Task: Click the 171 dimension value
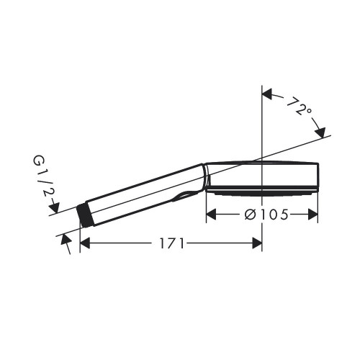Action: [172, 243]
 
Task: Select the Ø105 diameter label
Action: [266, 215]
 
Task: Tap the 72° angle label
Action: [300, 107]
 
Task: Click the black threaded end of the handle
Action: [84, 215]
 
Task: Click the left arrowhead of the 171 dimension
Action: [85, 243]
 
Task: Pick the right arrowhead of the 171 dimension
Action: [257, 243]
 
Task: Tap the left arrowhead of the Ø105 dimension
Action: [211, 214]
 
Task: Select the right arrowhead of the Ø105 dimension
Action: [313, 214]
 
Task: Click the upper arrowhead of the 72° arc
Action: [267, 94]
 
